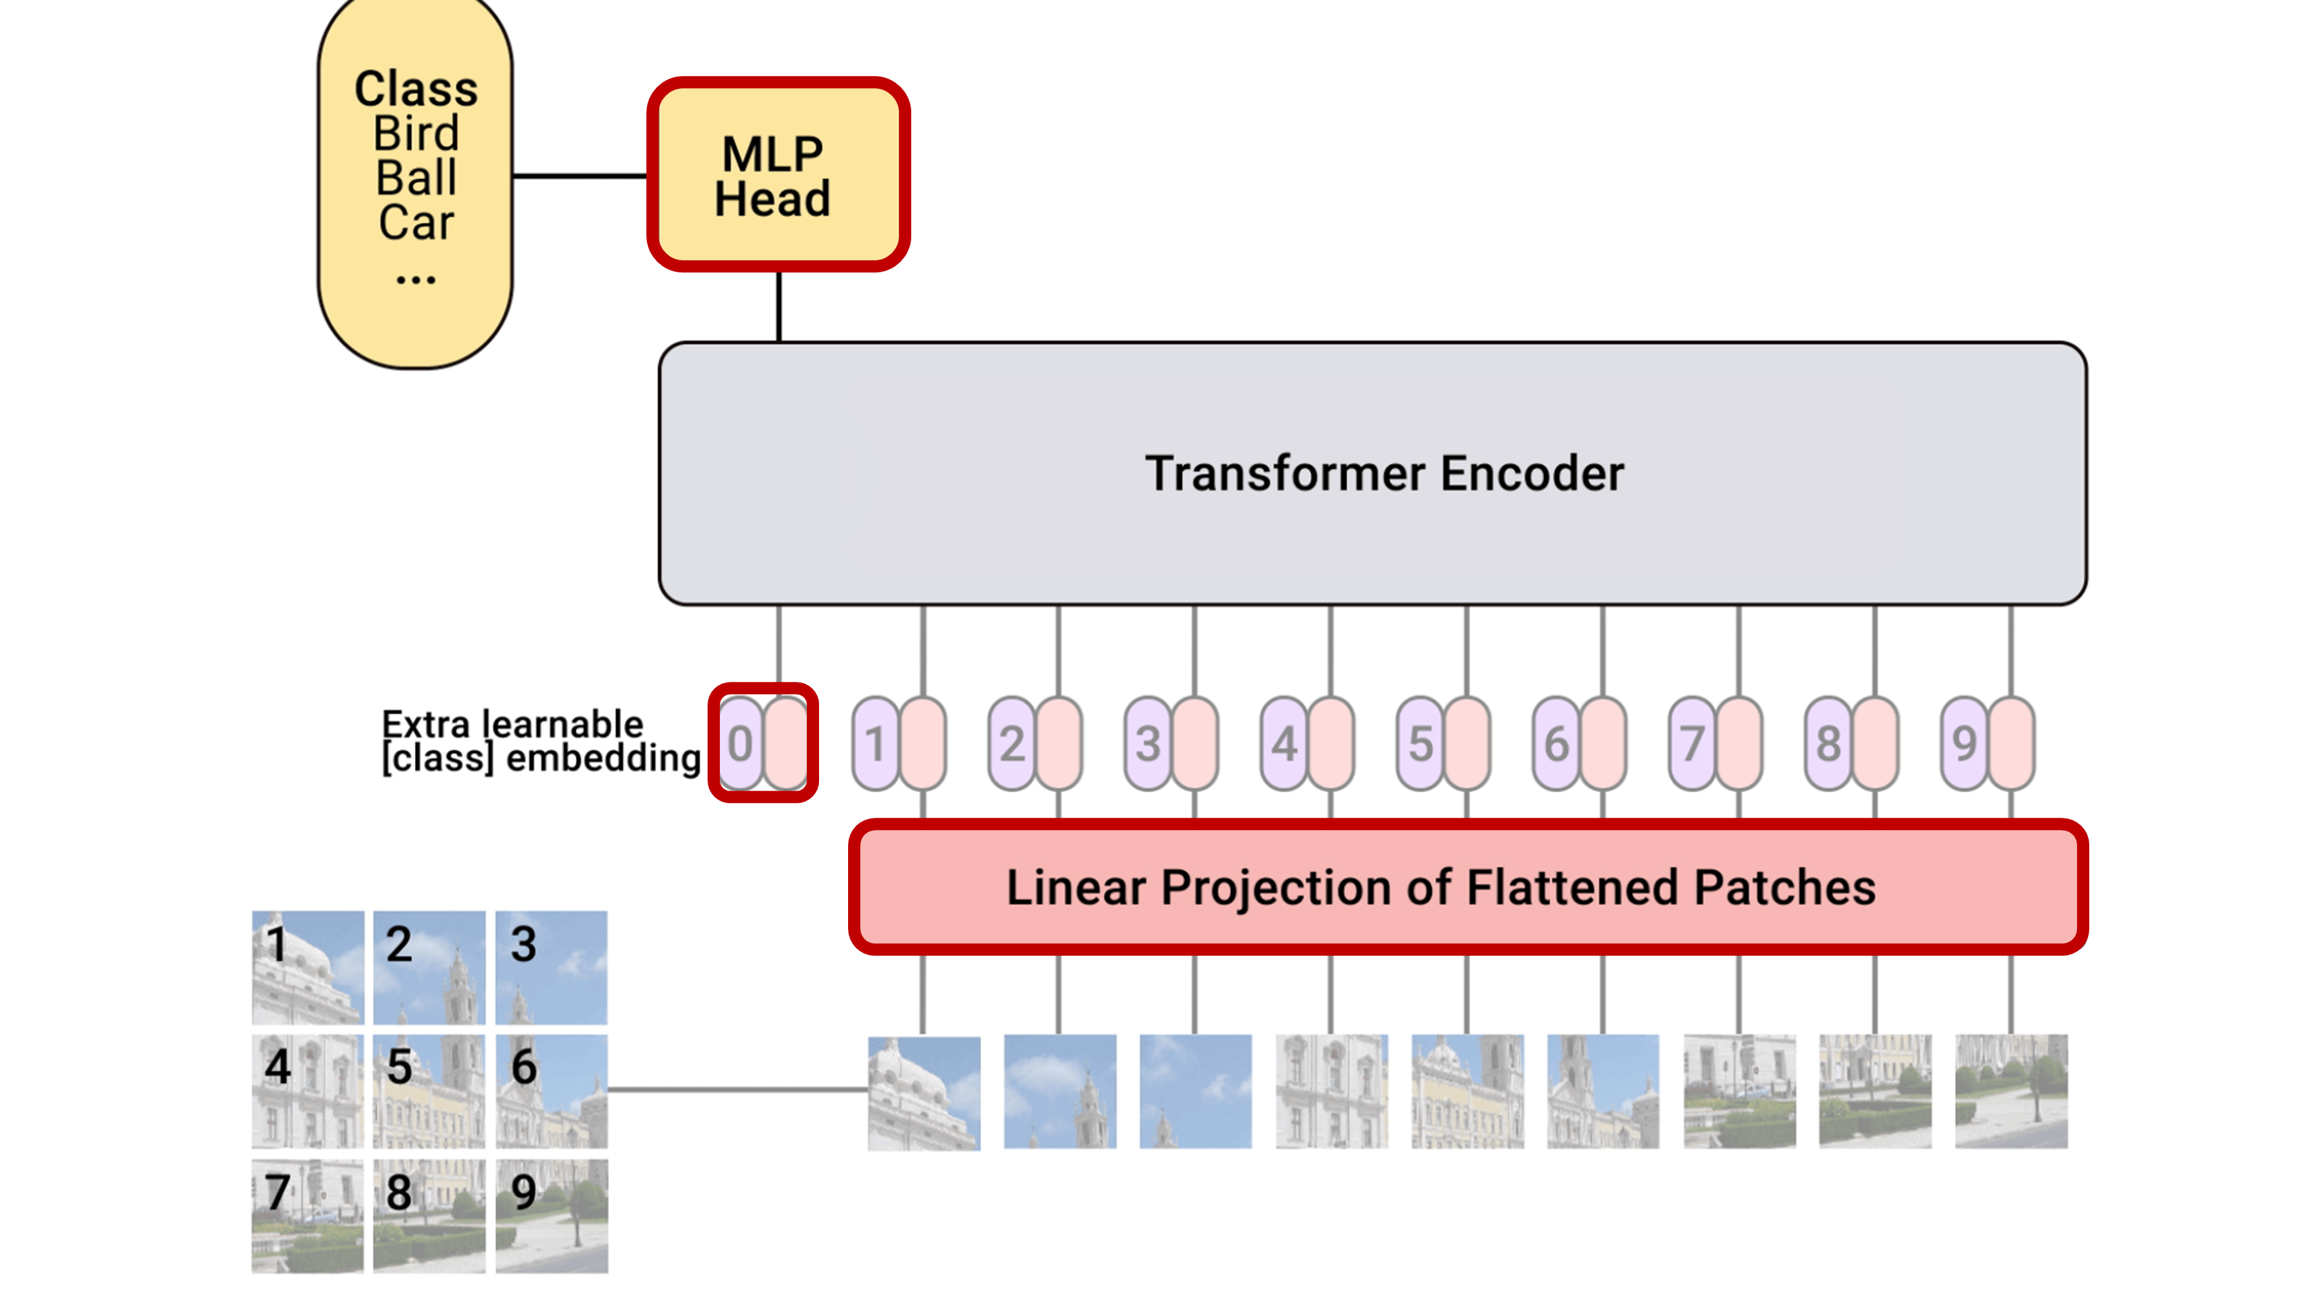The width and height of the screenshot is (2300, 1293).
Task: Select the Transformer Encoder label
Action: coord(1384,473)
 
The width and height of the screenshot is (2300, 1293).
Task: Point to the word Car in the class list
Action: coord(416,222)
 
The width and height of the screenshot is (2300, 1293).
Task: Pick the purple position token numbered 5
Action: coord(1420,743)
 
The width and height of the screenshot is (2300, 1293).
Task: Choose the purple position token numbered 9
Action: coord(1964,743)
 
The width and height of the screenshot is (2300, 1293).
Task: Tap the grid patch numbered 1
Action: coord(307,967)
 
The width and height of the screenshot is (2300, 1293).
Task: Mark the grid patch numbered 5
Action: coord(429,1090)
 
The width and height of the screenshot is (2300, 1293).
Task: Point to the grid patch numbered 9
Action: coord(552,1214)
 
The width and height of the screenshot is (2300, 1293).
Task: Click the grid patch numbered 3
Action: coord(552,967)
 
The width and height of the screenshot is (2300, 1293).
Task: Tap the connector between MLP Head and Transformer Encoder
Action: coord(778,306)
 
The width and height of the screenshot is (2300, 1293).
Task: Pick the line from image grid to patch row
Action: coord(737,1090)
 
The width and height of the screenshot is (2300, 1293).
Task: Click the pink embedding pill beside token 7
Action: coord(1739,743)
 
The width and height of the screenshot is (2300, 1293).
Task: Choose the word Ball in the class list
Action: coord(416,178)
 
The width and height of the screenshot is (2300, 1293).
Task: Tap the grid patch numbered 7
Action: coord(307,1214)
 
